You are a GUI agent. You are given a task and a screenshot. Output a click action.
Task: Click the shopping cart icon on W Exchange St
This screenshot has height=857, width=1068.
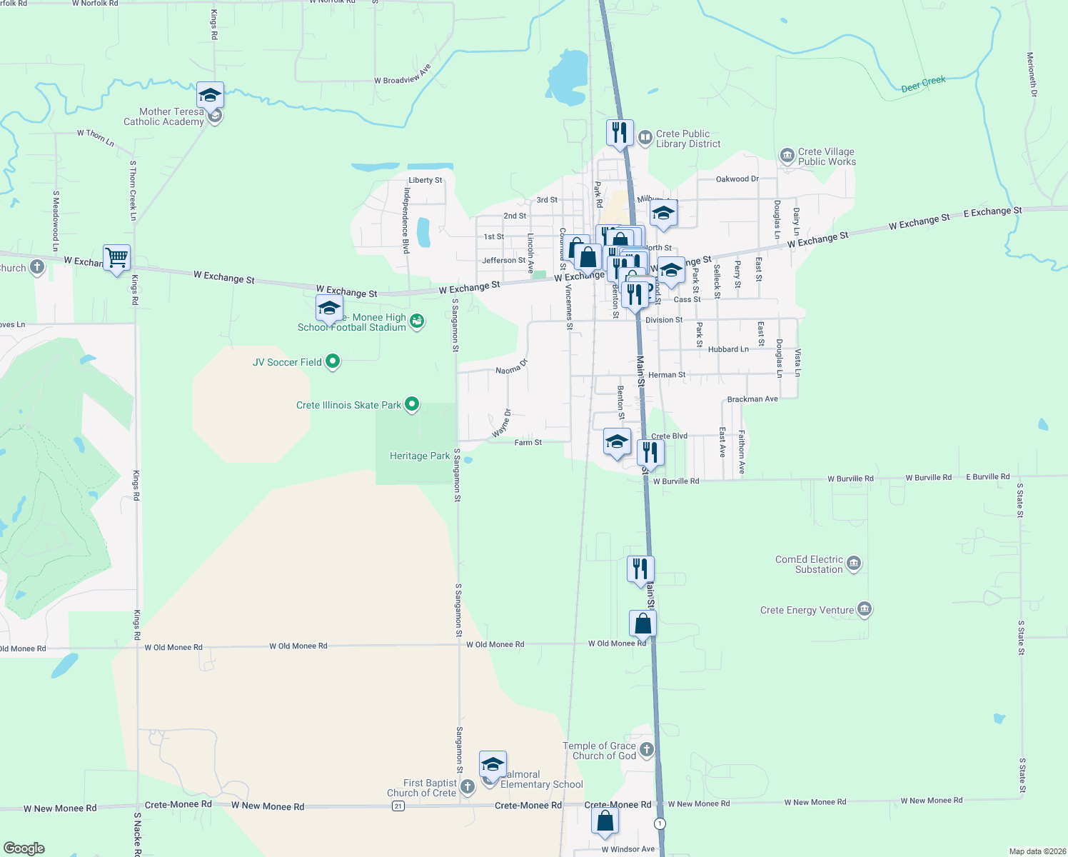(116, 257)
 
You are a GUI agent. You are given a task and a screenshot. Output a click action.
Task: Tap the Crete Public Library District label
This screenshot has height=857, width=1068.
(687, 139)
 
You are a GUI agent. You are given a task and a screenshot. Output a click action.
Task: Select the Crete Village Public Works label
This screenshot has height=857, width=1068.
(826, 156)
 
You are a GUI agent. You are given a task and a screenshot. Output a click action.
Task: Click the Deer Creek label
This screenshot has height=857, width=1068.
(923, 84)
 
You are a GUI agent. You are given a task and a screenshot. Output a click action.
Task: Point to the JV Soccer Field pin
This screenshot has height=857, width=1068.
(332, 362)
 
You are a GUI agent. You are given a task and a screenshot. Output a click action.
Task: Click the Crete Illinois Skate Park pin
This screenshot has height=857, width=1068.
(412, 405)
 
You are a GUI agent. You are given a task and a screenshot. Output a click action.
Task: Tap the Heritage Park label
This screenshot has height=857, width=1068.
(420, 456)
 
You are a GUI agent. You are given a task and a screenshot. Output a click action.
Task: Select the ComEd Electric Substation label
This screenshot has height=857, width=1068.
(810, 564)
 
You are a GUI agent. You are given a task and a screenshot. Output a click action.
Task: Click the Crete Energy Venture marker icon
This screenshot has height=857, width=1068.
(865, 610)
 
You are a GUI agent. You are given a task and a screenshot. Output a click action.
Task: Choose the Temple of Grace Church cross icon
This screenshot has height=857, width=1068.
(646, 749)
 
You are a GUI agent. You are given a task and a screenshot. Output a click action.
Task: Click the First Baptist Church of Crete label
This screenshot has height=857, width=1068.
(421, 788)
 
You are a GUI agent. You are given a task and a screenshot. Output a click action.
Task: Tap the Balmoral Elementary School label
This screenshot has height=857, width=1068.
(542, 779)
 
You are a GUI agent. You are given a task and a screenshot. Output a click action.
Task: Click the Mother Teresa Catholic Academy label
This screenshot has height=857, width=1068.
(163, 116)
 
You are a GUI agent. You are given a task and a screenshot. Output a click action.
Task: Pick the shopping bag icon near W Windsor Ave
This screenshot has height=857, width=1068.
(605, 821)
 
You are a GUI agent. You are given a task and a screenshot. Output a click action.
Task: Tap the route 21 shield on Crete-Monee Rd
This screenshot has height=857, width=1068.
(398, 806)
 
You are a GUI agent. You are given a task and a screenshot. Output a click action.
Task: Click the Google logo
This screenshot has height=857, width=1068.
(24, 848)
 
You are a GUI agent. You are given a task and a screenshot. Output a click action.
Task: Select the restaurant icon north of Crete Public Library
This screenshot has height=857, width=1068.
(620, 132)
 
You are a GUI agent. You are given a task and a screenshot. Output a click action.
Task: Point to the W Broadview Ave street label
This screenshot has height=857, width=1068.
(403, 75)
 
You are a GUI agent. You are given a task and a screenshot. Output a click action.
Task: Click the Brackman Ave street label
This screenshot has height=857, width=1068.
(752, 399)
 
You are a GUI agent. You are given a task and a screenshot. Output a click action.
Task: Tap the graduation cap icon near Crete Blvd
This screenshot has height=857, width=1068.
(617, 441)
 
